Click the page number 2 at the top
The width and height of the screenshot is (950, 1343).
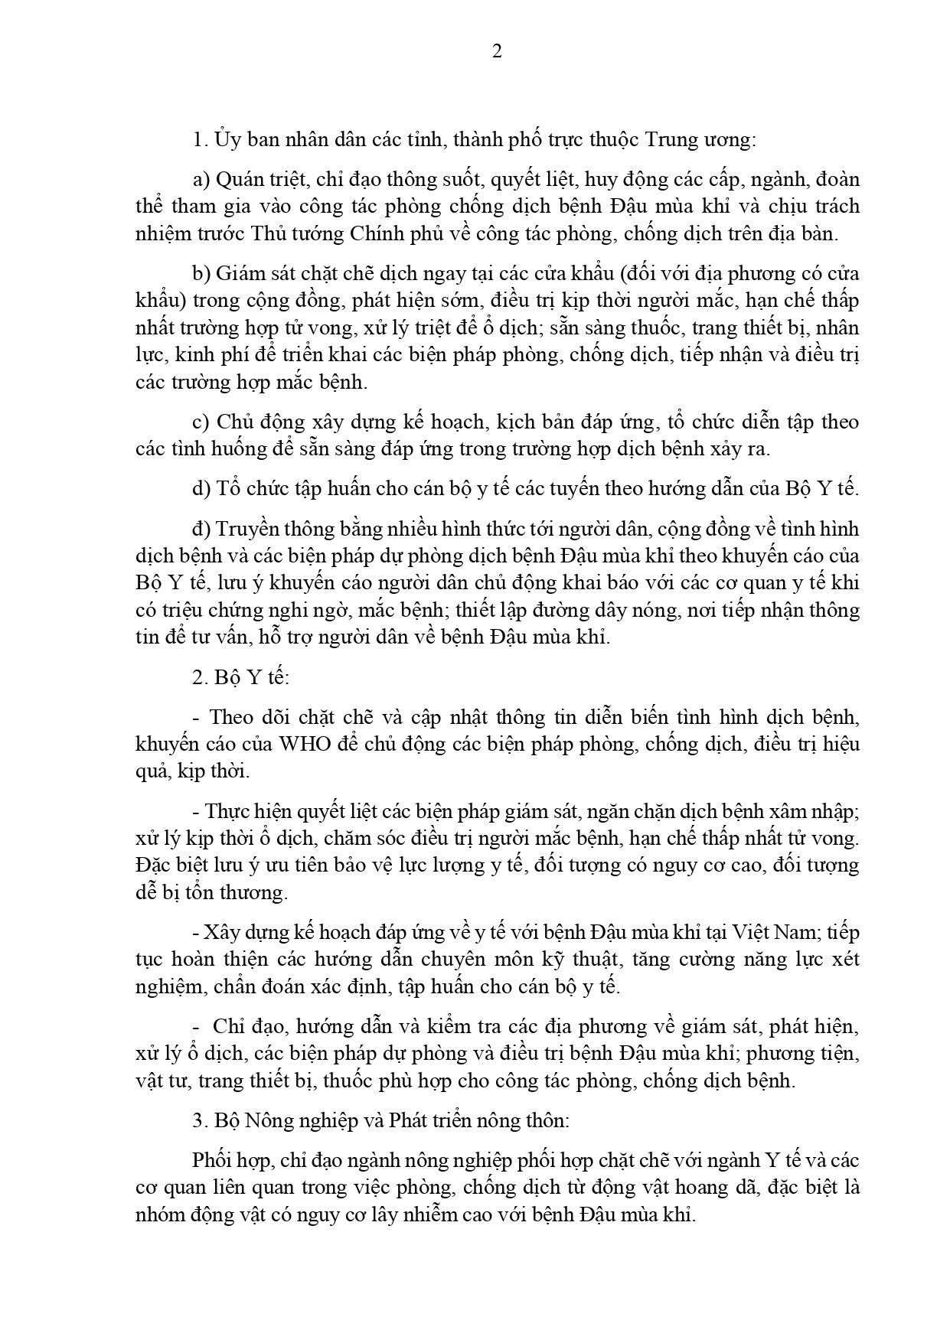click(x=497, y=52)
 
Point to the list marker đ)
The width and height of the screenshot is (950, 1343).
click(x=201, y=529)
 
